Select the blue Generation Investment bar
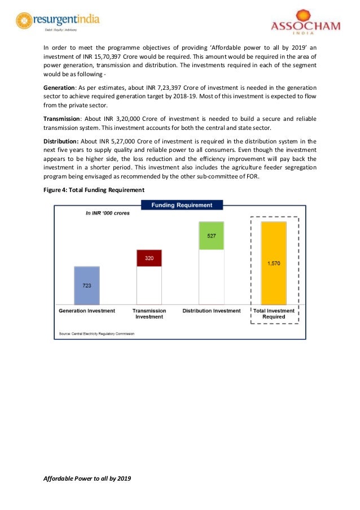(x=87, y=286)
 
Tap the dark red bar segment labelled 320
(x=149, y=258)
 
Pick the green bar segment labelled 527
(x=211, y=236)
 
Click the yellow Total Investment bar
(x=274, y=263)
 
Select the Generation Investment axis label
(x=87, y=311)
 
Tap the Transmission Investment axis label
(x=149, y=313)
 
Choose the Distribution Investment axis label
(x=211, y=311)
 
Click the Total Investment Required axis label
(x=274, y=313)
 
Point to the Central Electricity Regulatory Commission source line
(x=97, y=333)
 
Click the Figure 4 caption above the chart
(x=94, y=190)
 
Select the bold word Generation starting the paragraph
(x=60, y=88)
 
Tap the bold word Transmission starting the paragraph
(x=63, y=119)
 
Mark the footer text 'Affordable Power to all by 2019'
(x=87, y=478)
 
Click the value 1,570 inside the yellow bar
(x=274, y=263)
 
